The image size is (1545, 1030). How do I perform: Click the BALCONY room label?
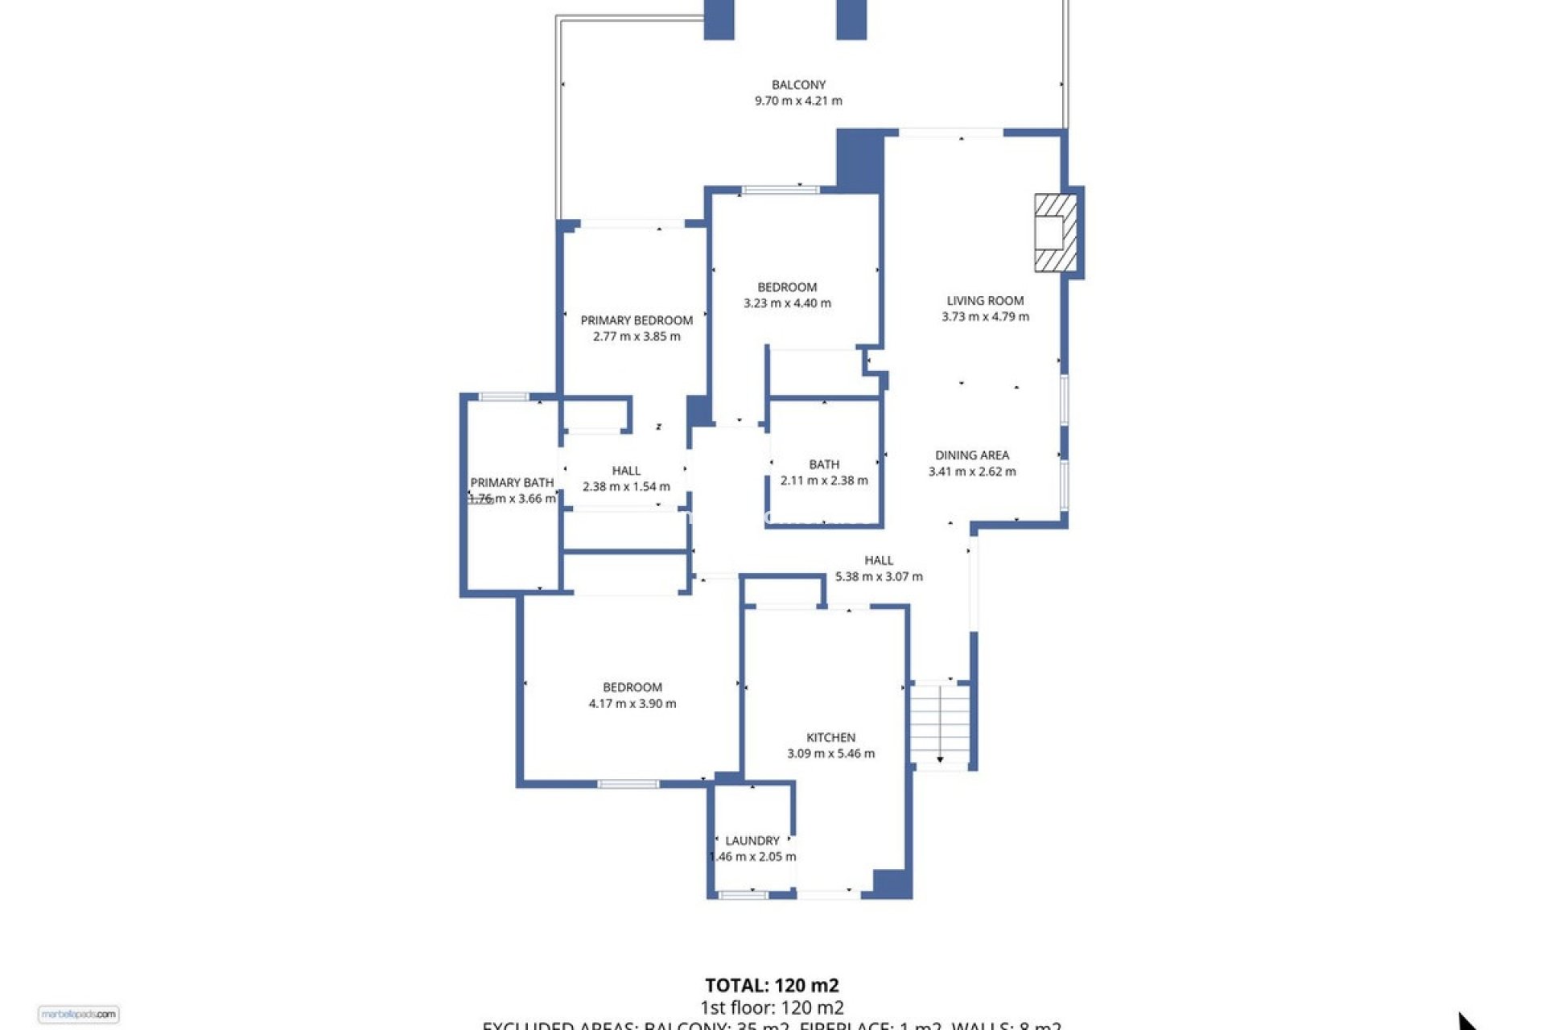click(798, 84)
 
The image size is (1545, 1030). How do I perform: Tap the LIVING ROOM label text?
click(985, 301)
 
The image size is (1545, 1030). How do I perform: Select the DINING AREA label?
click(972, 455)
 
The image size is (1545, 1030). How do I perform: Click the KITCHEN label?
click(830, 738)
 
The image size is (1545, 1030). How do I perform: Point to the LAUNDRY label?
click(752, 841)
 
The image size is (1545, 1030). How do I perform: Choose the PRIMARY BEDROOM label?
click(637, 320)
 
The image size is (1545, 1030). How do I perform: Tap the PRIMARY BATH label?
click(512, 483)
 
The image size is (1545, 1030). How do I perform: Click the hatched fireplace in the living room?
click(1055, 233)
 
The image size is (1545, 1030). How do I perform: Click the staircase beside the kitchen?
click(939, 724)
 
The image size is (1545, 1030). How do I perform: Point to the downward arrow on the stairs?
click(940, 758)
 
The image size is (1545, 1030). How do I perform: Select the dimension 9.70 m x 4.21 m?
click(798, 101)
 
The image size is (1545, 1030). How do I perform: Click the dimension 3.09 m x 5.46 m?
click(830, 754)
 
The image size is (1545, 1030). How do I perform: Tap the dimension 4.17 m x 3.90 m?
click(632, 704)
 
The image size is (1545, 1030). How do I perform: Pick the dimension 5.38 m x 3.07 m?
click(879, 577)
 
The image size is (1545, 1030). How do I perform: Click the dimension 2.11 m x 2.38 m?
click(824, 481)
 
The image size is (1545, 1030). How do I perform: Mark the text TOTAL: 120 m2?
click(772, 986)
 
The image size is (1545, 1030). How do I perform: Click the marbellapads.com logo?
click(78, 1015)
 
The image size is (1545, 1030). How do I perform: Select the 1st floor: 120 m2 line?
click(772, 1007)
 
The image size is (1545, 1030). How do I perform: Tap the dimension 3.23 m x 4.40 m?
click(787, 303)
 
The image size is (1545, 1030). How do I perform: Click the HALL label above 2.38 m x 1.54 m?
click(626, 471)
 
